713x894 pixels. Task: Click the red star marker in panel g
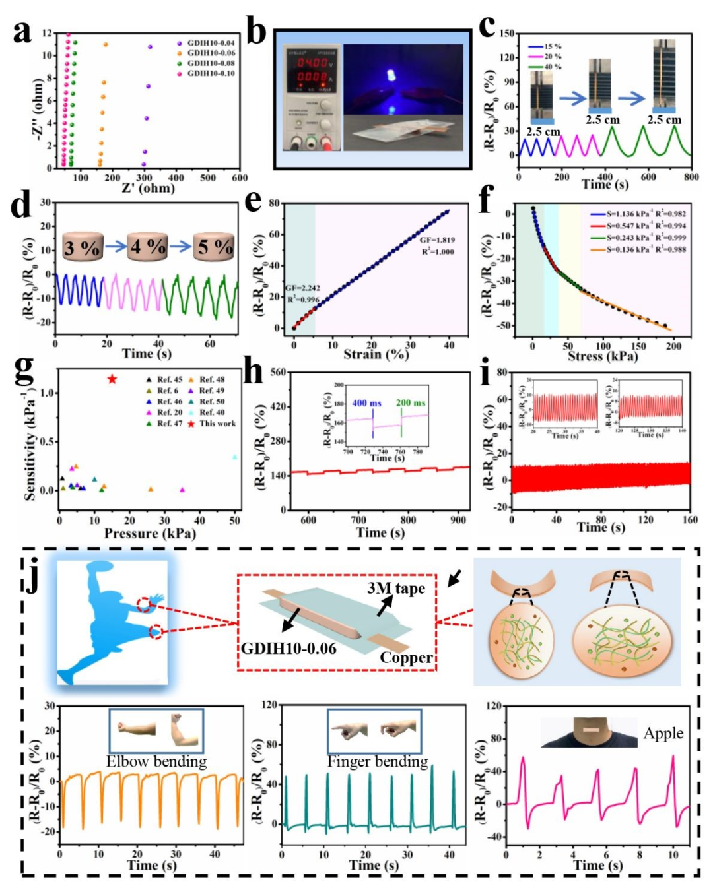pos(112,379)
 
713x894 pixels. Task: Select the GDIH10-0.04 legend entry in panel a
pos(210,43)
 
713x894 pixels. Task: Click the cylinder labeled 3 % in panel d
pos(83,248)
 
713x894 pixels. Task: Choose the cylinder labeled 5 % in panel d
pos(214,247)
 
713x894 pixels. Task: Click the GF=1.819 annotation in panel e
pos(437,239)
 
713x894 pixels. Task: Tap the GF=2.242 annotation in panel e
pos(302,288)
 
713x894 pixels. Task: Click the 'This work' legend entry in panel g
pos(217,424)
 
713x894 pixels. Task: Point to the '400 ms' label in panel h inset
pos(366,403)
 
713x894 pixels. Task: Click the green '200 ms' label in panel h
pos(411,403)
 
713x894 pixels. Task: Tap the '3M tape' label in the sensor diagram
pos(396,589)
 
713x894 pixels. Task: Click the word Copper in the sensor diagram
pos(406,658)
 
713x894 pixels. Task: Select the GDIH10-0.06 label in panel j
pos(289,649)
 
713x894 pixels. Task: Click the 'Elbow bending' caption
pos(156,762)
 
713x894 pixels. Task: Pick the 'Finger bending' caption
pos(378,762)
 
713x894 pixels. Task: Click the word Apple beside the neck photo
pos(663,734)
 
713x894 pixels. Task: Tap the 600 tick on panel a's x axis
pos(240,177)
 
